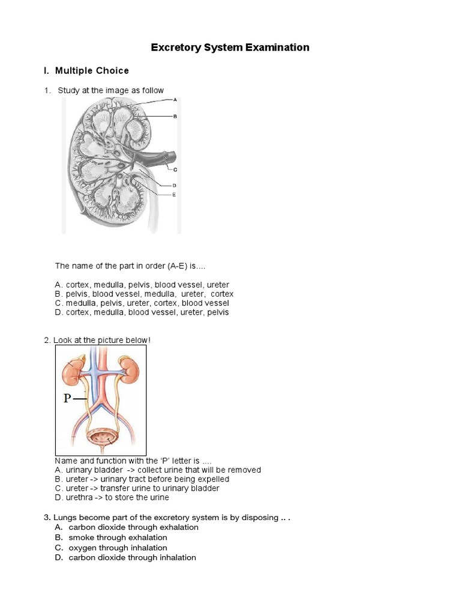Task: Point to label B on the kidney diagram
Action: (175, 117)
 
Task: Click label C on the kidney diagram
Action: (175, 170)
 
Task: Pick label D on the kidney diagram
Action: (174, 186)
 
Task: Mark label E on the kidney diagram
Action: (174, 195)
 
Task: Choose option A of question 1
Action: (142, 285)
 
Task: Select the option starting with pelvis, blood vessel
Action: (144, 294)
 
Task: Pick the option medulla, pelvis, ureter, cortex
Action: (142, 303)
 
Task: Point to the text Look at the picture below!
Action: (101, 341)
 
